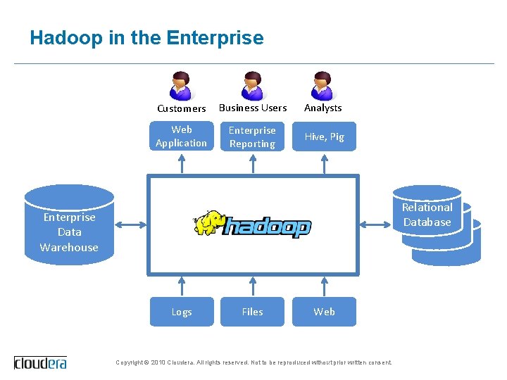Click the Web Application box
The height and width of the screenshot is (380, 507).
point(182,136)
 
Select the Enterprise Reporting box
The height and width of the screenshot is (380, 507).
point(252,137)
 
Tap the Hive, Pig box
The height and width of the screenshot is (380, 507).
point(324,137)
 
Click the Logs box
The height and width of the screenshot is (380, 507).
point(182,312)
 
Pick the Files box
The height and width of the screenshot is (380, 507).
point(252,312)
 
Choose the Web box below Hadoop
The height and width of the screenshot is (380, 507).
point(324,312)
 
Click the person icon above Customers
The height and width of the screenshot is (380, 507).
point(181,86)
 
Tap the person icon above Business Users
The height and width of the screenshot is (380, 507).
point(252,86)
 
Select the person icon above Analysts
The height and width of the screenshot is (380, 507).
point(323,86)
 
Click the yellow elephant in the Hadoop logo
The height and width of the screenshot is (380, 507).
point(209,223)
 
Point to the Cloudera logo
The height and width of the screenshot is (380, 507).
point(40,362)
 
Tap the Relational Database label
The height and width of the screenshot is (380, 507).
point(427,215)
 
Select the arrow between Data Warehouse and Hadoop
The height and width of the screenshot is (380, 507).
point(130,225)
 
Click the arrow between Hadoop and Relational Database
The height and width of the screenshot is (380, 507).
point(375,225)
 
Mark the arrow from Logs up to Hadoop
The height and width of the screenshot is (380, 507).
point(182,286)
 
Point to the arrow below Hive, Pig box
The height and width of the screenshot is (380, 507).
point(324,163)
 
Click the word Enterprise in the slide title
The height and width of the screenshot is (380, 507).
point(215,37)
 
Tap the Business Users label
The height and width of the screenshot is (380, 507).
point(253,108)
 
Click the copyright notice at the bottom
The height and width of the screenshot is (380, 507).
point(254,362)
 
